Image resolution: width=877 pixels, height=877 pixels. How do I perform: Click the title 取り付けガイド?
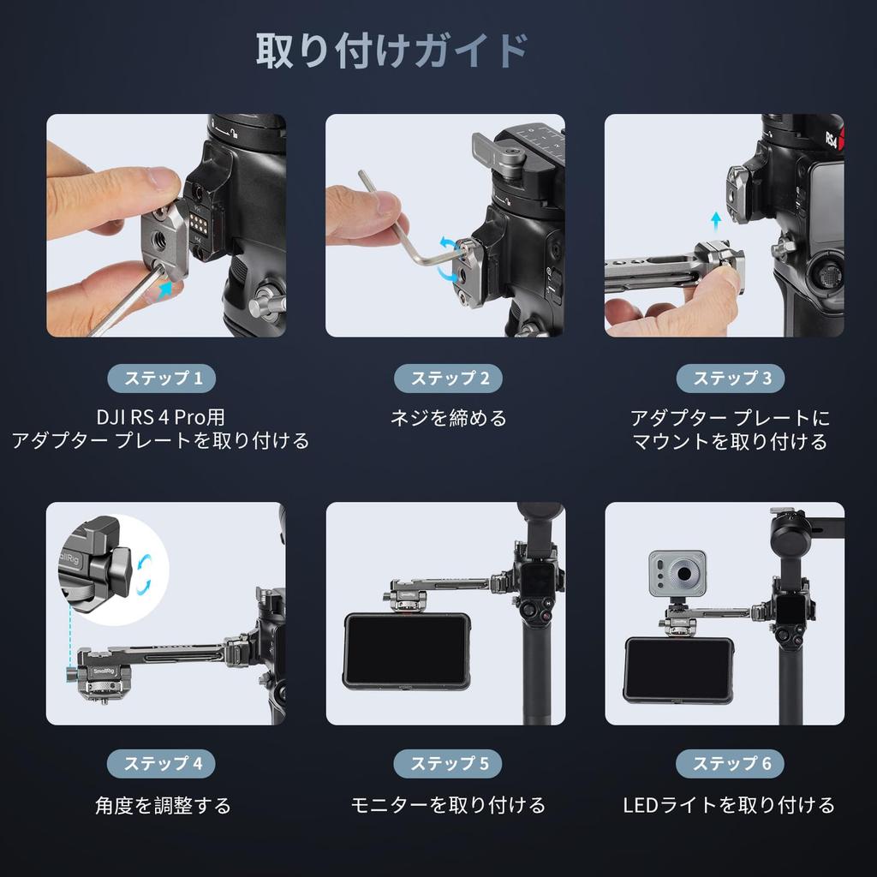pos(391,51)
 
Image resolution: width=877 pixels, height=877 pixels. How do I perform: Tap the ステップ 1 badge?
pos(161,378)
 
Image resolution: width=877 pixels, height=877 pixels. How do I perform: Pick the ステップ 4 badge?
pos(161,763)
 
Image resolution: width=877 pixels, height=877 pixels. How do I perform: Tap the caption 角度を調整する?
pos(163,805)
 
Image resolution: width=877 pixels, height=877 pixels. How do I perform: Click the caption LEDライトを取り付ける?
pos(728,805)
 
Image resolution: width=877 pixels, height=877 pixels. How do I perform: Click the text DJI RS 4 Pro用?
pos(161,417)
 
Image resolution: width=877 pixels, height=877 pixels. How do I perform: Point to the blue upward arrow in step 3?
pos(716,224)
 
